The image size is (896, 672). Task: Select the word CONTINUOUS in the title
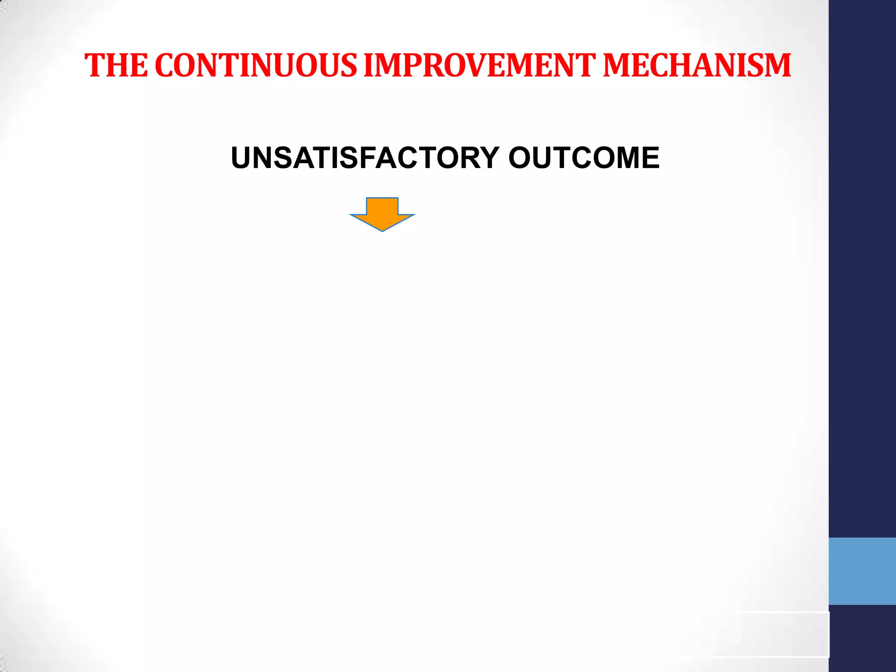256,66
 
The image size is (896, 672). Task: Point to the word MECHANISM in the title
697,66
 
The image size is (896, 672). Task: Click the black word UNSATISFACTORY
365,158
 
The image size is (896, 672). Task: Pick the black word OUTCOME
584,158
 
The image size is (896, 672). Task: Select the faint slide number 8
736,635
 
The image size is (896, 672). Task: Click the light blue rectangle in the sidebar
862,571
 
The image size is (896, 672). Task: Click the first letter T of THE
94,66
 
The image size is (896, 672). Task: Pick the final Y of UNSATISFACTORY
487,158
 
